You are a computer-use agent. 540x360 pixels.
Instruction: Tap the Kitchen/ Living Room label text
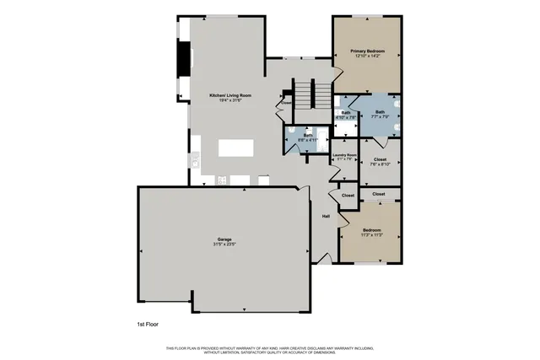click(x=230, y=95)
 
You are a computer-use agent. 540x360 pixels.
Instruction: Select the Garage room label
click(x=224, y=239)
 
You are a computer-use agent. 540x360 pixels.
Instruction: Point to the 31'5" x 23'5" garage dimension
click(x=224, y=244)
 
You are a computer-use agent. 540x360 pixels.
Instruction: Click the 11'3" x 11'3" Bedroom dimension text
click(x=372, y=235)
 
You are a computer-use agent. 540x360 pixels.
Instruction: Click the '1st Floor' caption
click(x=148, y=324)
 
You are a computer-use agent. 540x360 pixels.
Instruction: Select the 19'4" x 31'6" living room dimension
click(x=230, y=100)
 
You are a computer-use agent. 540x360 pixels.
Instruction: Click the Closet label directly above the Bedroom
click(x=379, y=194)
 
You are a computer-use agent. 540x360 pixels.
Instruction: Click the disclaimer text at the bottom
click(x=270, y=349)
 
